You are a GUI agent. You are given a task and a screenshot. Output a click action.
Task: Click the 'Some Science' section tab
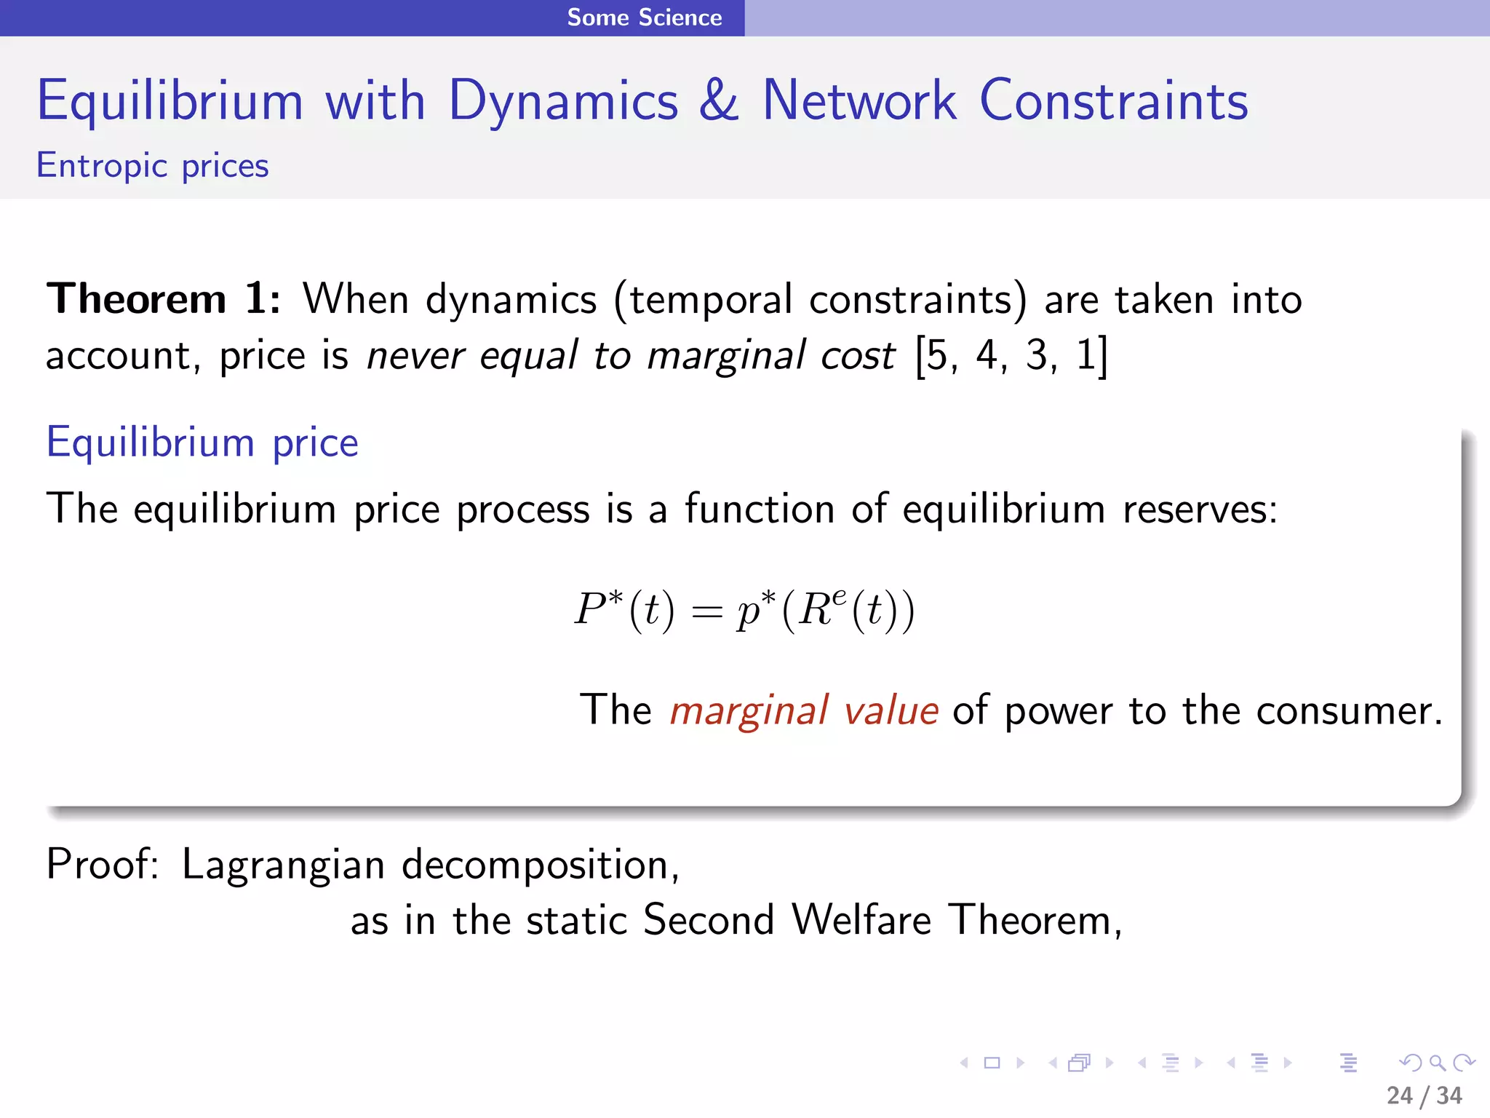(644, 17)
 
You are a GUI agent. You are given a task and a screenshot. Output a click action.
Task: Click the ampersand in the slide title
(719, 100)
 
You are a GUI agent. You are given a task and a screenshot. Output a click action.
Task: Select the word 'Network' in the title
(858, 100)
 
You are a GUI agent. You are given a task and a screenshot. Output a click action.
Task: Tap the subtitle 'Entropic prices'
(153, 166)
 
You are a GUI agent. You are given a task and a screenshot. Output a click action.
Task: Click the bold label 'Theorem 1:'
(163, 299)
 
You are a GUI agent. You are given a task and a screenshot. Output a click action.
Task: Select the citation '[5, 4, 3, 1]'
(1011, 356)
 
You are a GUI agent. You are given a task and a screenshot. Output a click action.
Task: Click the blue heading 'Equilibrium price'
(202, 443)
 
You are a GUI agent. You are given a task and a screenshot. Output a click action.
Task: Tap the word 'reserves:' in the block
(1199, 509)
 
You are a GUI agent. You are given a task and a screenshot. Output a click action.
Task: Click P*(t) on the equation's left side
(624, 610)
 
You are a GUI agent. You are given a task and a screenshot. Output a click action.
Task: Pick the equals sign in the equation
(706, 612)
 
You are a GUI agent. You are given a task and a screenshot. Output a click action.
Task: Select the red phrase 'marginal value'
(804, 710)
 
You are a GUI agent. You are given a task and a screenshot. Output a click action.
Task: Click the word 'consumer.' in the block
(1349, 710)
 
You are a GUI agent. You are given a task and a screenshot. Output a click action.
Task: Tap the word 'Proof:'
(103, 865)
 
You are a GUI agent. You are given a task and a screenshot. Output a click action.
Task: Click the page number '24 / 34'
(1424, 1095)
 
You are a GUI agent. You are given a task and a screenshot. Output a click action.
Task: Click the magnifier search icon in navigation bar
(1437, 1063)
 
